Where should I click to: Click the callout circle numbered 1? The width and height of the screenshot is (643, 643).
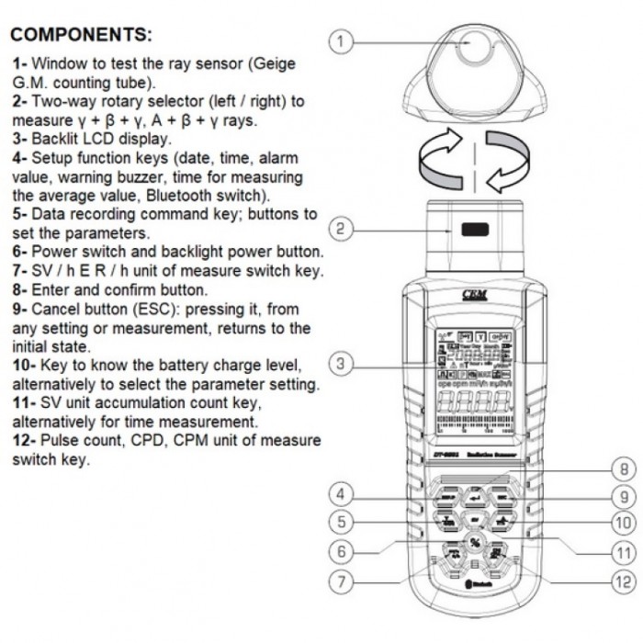tap(341, 41)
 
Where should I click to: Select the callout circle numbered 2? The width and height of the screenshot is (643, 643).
tap(341, 228)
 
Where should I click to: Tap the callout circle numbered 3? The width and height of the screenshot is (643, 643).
tap(341, 364)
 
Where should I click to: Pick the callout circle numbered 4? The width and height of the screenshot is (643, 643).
tap(341, 495)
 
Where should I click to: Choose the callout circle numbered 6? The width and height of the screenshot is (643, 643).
tap(341, 552)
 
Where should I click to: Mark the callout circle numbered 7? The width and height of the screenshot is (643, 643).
tap(341, 581)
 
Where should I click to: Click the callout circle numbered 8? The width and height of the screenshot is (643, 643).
tap(624, 469)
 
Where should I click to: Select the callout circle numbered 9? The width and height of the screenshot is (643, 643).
tap(624, 496)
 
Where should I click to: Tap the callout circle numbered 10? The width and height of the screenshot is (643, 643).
tap(624, 523)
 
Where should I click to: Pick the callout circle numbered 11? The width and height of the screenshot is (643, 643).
tap(624, 553)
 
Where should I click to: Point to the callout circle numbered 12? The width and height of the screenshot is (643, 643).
tap(624, 581)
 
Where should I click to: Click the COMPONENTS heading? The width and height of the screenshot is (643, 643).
tap(81, 36)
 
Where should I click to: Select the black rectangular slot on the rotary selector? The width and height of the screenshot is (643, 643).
tap(475, 230)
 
